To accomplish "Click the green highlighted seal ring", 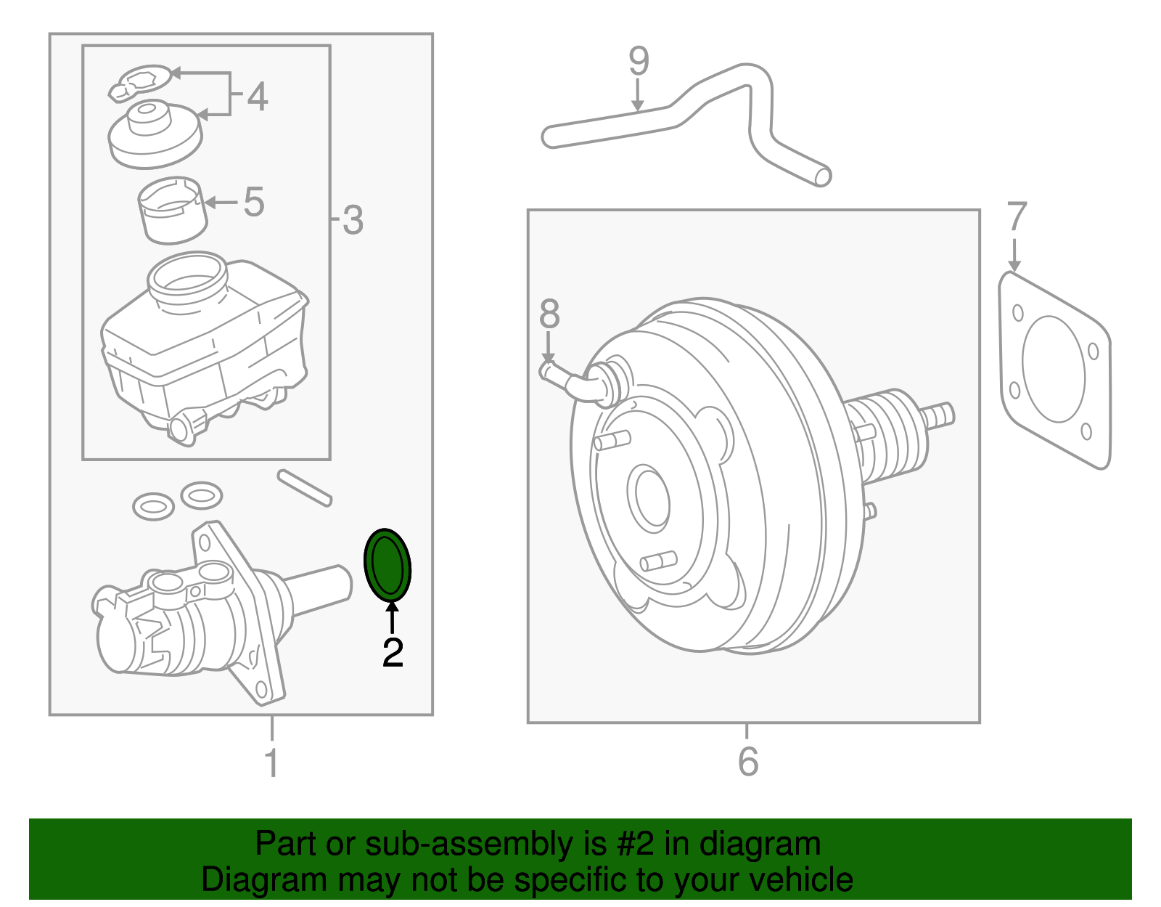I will pos(387,565).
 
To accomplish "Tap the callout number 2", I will pos(393,653).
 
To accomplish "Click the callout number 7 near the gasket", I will pos(1017,217).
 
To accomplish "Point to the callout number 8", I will pos(549,314).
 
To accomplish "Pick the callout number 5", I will pos(253,202).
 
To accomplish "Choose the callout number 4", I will pos(257,97).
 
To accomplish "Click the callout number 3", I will pos(353,220).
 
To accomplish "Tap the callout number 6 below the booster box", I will pos(748,762).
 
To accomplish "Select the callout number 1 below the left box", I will pos(271,763).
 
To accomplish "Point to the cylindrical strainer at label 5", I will pos(173,211).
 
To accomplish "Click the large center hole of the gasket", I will pos(1053,368).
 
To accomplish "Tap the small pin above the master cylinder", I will pos(305,487).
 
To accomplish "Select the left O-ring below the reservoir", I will pos(153,505).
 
